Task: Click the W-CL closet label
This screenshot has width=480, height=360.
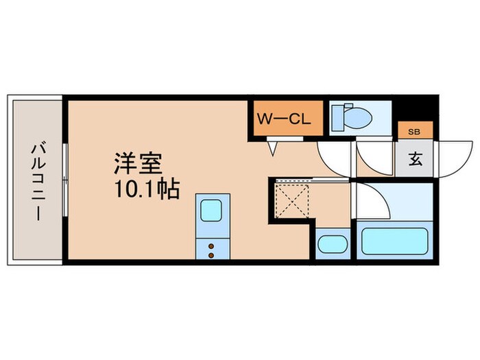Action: [x=284, y=119]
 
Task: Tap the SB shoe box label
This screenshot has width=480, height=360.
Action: [x=414, y=131]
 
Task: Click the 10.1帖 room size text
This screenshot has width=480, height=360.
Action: [x=145, y=189]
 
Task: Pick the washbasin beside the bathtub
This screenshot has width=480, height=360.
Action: [x=333, y=243]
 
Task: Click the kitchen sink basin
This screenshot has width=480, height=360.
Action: [x=211, y=211]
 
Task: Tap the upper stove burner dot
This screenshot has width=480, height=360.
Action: [x=211, y=245]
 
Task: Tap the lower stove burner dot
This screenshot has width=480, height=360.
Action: [x=211, y=255]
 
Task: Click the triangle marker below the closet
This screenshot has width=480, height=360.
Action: [x=273, y=147]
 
